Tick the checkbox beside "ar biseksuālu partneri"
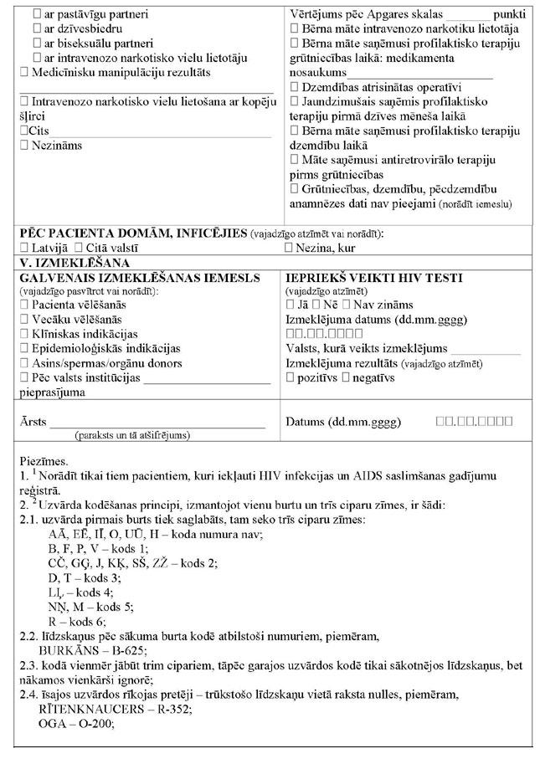36,43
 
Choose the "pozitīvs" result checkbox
291,378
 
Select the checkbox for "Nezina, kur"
290,248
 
